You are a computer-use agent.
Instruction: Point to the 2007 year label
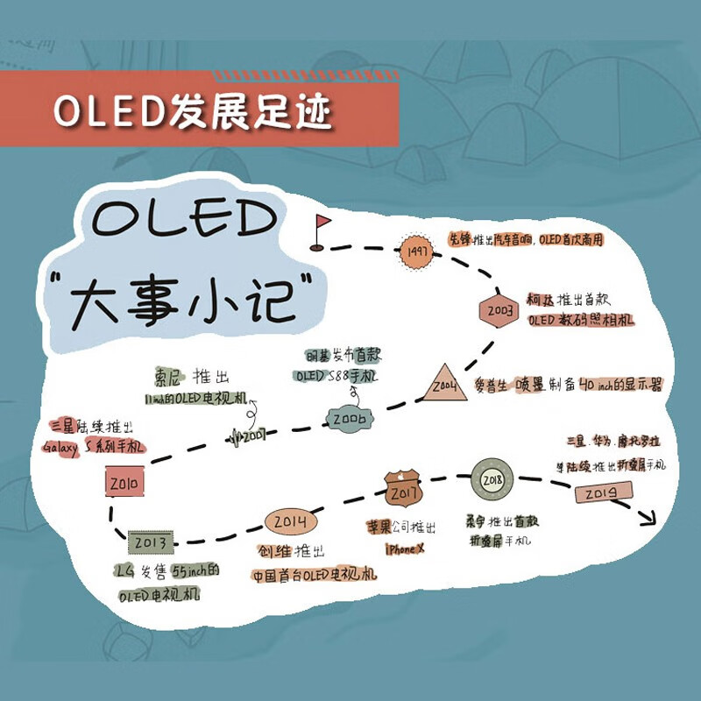[x=252, y=433]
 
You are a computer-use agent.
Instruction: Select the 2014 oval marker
[x=290, y=522]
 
